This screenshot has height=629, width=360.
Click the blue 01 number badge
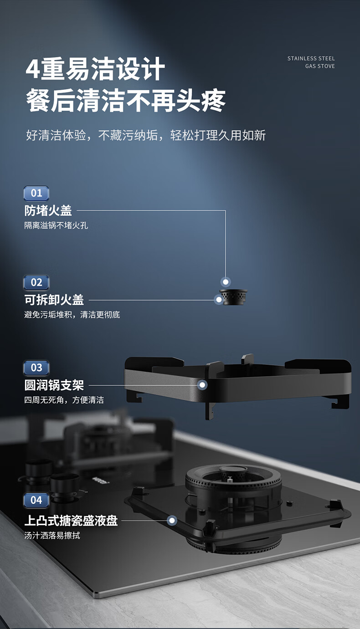(36, 193)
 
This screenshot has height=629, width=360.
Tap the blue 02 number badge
(36, 282)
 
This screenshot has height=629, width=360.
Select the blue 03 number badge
(36, 368)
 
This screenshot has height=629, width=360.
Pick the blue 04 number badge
(36, 500)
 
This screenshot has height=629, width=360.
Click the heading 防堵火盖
(48, 210)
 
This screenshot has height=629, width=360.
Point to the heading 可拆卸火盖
(54, 300)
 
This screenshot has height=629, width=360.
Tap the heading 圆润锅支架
(54, 385)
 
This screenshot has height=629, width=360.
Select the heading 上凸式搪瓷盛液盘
(71, 520)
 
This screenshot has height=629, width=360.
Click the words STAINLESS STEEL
(311, 58)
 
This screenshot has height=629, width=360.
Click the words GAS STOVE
(320, 66)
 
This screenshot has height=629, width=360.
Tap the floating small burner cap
(233, 297)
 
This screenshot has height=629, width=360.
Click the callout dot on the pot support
(202, 385)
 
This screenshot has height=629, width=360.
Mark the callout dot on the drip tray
(172, 520)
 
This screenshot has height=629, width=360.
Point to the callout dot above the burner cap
(226, 281)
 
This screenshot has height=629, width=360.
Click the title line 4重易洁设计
(95, 69)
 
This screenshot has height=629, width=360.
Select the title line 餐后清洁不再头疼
(126, 101)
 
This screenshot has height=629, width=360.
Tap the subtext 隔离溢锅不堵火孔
(56, 225)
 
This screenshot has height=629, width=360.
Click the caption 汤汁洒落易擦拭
(52, 536)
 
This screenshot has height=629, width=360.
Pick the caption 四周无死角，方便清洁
(64, 400)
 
